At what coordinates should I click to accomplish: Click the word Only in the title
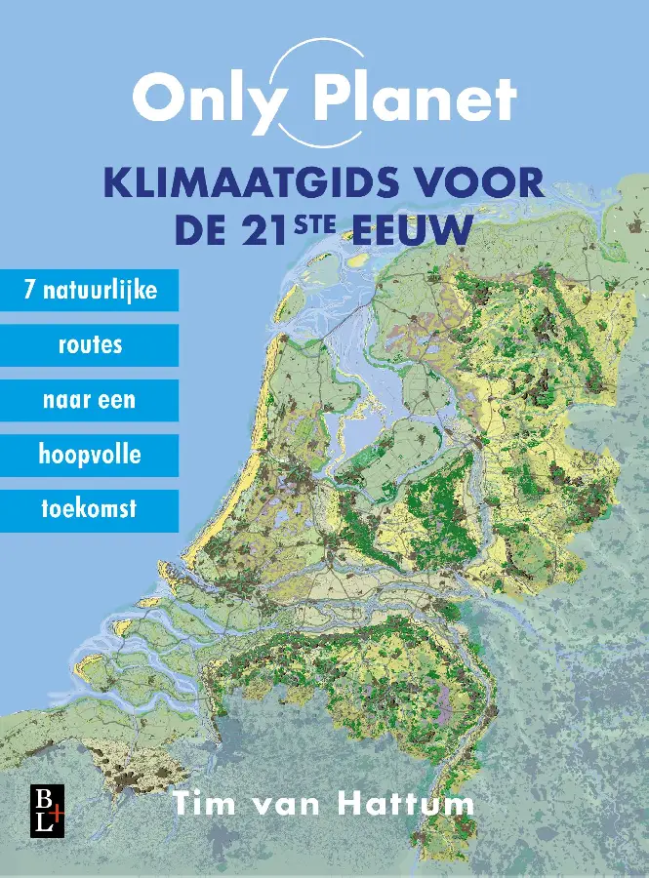(206, 100)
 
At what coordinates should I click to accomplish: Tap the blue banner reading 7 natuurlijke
(89, 291)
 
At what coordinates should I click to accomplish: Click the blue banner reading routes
(89, 345)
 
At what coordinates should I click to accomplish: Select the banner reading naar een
(89, 400)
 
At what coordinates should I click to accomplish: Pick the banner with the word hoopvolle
(89, 455)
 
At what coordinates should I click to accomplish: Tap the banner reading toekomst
(89, 509)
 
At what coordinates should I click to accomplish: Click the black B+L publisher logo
(46, 808)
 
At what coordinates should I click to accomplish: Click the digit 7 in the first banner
(29, 291)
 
